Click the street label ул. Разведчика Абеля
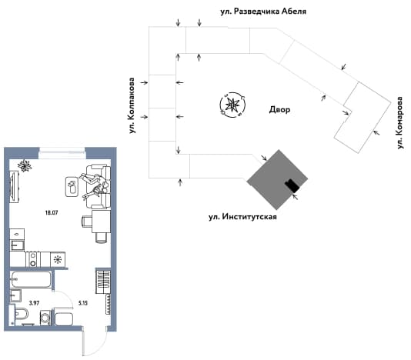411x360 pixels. click(x=263, y=12)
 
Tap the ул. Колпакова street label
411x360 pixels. click(x=132, y=105)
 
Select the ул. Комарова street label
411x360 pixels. click(x=399, y=123)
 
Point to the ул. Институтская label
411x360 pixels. click(x=242, y=217)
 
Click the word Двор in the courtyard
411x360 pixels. click(x=279, y=109)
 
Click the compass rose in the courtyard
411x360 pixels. click(x=232, y=105)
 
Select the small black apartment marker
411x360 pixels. click(x=292, y=186)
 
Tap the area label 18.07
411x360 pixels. click(x=52, y=213)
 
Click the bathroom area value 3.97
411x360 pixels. click(x=34, y=303)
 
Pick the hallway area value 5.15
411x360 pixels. click(x=83, y=303)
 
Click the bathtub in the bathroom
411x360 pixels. click(x=31, y=279)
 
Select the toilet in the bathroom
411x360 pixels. click(x=21, y=313)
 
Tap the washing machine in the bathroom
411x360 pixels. click(x=45, y=318)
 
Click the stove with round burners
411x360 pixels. click(x=33, y=259)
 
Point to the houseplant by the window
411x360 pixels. click(x=25, y=166)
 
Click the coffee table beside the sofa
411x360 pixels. click(x=72, y=187)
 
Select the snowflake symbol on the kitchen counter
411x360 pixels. click(x=58, y=260)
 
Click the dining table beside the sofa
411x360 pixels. click(x=101, y=222)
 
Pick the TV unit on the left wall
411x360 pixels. click(x=14, y=186)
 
